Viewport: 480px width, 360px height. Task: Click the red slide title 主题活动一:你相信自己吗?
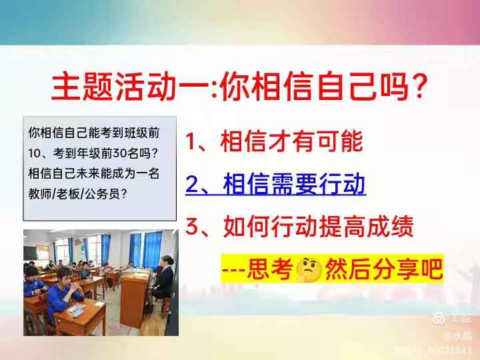coord(239,86)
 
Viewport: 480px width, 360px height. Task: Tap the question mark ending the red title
coord(418,86)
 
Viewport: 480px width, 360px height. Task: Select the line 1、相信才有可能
coord(274,141)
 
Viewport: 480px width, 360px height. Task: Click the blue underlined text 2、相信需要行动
coord(275,184)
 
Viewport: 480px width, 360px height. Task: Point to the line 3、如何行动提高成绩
coord(299,227)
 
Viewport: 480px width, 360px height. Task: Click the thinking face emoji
coord(309,269)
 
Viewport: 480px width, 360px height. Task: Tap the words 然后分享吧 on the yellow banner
coord(384,269)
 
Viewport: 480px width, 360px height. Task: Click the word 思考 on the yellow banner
coord(269,269)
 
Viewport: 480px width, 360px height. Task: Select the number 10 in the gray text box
coord(34,153)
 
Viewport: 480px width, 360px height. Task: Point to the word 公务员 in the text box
coord(102,194)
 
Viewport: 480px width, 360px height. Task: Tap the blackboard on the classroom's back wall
coord(30,253)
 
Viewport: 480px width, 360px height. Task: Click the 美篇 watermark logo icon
coord(439,319)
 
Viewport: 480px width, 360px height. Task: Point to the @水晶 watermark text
coord(457,336)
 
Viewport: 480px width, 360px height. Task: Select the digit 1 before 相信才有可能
coord(191,141)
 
